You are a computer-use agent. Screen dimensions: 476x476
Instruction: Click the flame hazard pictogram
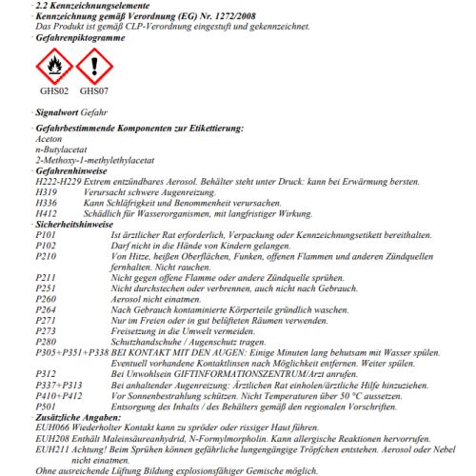click(53, 66)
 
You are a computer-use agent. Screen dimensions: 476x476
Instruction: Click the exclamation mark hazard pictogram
click(93, 66)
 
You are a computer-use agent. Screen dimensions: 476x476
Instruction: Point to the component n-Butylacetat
click(60, 150)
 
